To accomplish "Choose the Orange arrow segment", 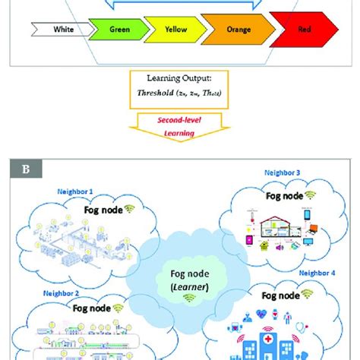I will (237, 31).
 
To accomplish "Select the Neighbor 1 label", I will (77, 191).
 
